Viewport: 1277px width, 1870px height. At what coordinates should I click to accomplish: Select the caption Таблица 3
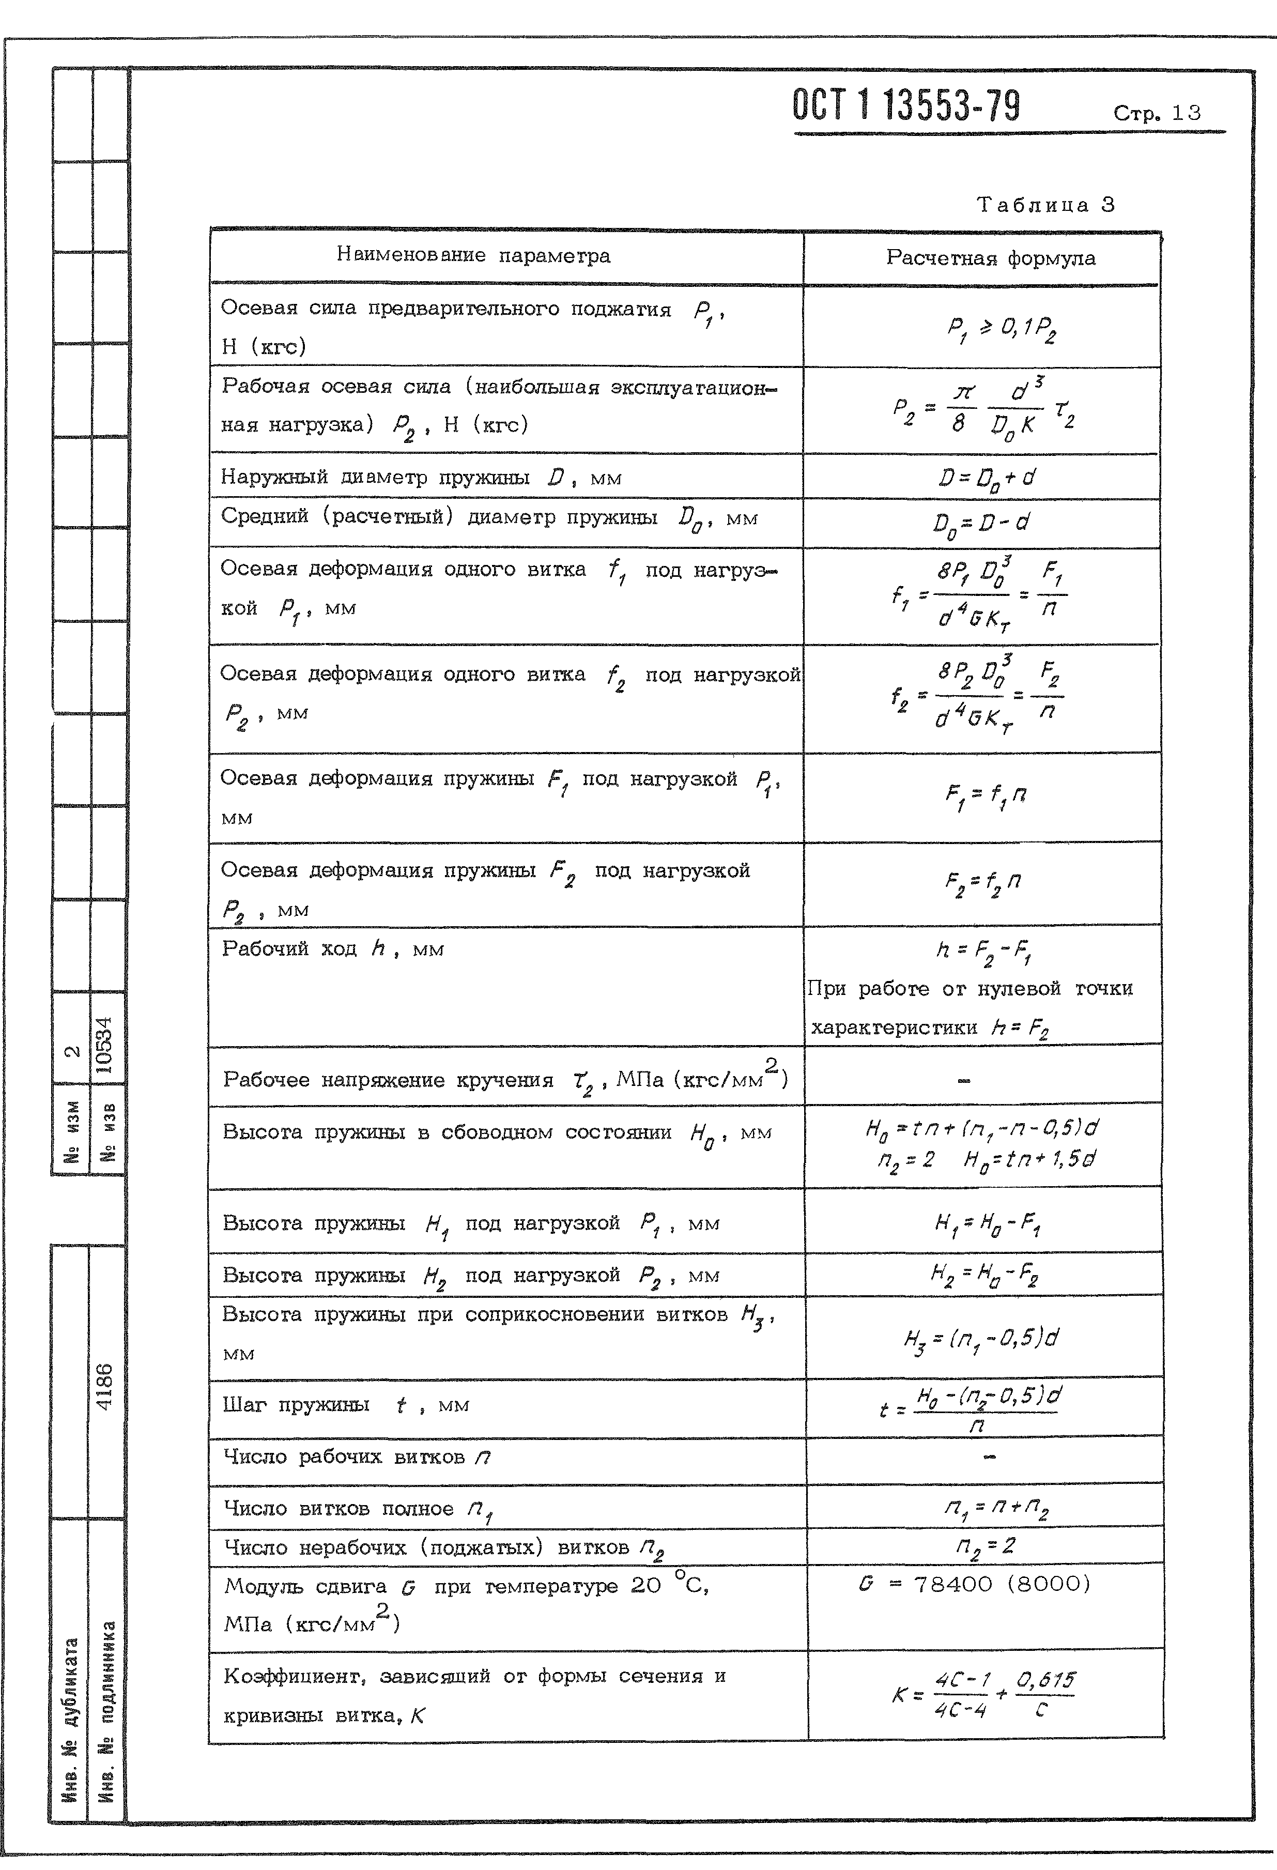pyautogui.click(x=1045, y=205)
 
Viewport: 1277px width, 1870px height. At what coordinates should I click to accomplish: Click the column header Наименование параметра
pyautogui.click(x=473, y=256)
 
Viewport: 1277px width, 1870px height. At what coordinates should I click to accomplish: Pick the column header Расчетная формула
pyautogui.click(x=991, y=258)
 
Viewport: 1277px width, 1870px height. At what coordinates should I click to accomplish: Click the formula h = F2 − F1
pyautogui.click(x=983, y=953)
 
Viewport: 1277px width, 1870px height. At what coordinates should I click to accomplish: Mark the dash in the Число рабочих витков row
pyautogui.click(x=989, y=1457)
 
